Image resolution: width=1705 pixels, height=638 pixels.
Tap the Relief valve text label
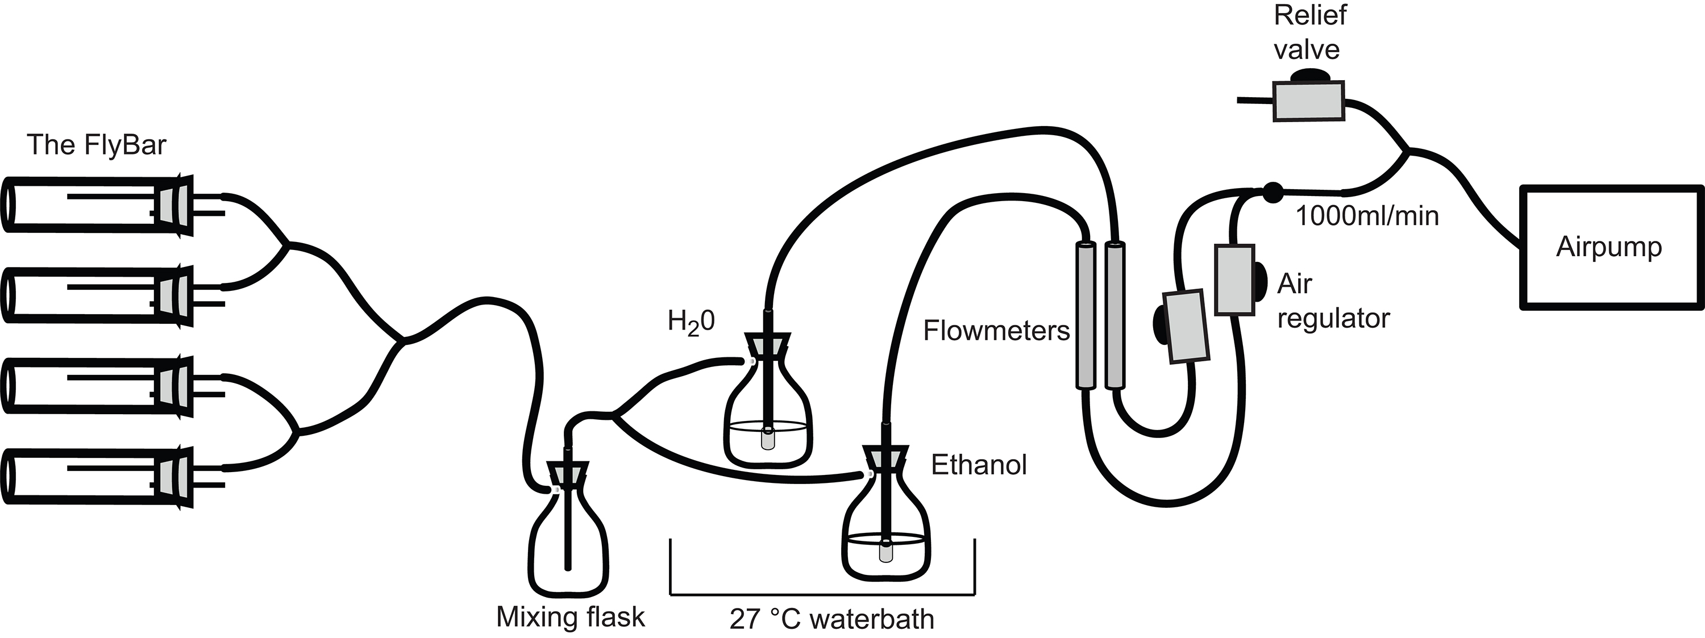tap(1309, 32)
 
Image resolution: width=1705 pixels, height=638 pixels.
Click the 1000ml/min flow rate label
tap(1367, 216)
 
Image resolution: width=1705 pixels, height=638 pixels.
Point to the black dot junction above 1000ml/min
tap(1271, 192)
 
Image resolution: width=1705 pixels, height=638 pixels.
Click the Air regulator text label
tap(1332, 301)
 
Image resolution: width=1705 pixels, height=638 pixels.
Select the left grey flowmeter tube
tap(1083, 315)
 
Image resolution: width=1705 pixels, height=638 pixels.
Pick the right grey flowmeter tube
tap(1115, 315)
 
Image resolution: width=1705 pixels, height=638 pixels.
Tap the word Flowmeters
tap(996, 330)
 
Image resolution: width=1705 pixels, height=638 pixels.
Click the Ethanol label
tap(978, 465)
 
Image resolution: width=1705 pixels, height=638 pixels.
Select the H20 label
tap(691, 322)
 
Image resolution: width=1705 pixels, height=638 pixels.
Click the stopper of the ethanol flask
tap(885, 458)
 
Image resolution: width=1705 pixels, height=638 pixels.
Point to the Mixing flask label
tap(570, 617)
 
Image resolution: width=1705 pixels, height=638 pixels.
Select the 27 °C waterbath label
tap(831, 619)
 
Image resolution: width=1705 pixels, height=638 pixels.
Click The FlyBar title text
tap(97, 145)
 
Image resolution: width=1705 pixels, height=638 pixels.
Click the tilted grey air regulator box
tap(1186, 326)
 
